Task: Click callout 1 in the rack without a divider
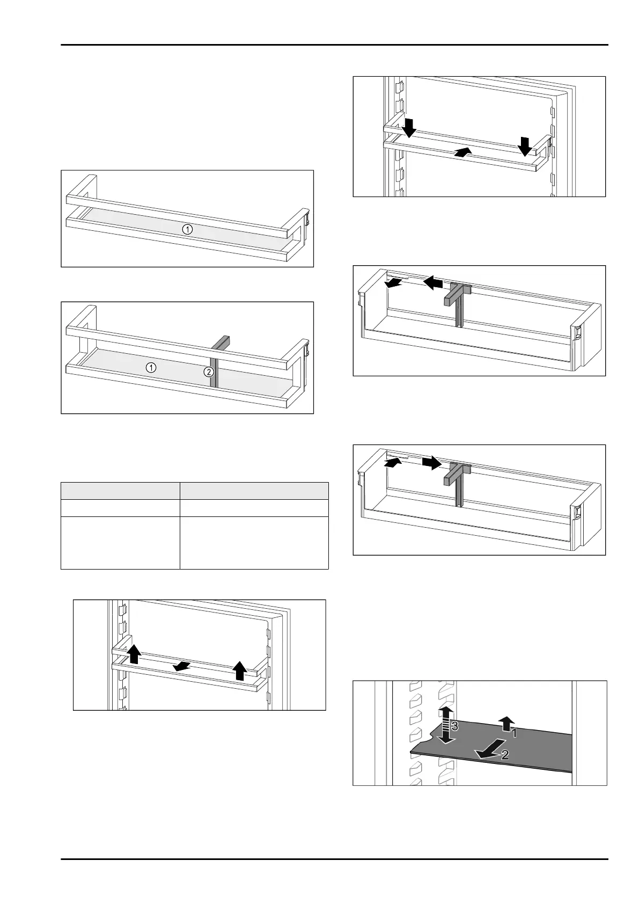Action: coord(187,229)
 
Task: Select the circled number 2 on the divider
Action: coord(209,371)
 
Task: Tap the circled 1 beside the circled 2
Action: coord(152,368)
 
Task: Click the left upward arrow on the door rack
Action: coord(134,654)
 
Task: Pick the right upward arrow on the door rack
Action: coord(240,671)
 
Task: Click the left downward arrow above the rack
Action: coord(409,128)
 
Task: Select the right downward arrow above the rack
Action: coord(524,144)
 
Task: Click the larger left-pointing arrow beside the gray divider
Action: coord(434,281)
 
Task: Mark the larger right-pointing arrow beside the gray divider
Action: coord(431,462)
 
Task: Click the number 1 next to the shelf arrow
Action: coord(513,732)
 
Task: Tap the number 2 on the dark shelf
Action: coord(505,755)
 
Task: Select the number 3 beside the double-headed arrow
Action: coord(454,727)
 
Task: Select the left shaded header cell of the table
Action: coord(120,491)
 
